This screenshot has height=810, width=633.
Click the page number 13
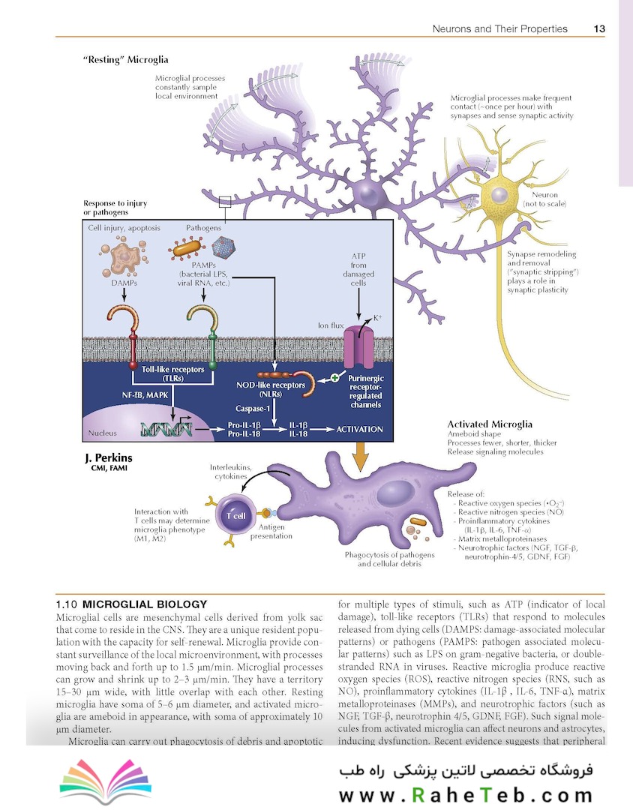(x=599, y=29)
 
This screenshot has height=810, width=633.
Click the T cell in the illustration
(x=235, y=515)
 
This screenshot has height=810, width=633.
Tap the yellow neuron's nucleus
(x=499, y=195)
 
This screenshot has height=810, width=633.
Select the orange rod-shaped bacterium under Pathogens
(x=187, y=248)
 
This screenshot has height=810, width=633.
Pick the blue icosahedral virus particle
(x=223, y=247)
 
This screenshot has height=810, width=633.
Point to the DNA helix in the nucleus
(x=166, y=429)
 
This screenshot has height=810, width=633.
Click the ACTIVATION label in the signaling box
(x=360, y=429)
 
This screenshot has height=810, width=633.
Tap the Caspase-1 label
(x=253, y=409)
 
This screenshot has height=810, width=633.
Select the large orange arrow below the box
(x=360, y=455)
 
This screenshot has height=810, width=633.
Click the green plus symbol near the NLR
(x=334, y=377)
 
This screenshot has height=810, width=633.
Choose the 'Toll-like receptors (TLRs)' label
(x=173, y=373)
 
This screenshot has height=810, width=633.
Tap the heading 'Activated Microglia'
(x=490, y=424)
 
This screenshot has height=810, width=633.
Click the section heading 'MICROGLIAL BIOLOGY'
(x=145, y=604)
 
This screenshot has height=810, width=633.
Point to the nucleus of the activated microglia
(x=395, y=493)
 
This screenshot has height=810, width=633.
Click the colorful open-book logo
(x=106, y=781)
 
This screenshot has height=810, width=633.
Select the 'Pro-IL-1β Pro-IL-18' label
(x=244, y=429)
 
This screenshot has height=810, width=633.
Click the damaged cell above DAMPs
(x=124, y=256)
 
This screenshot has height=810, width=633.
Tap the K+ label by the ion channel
(x=378, y=318)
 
